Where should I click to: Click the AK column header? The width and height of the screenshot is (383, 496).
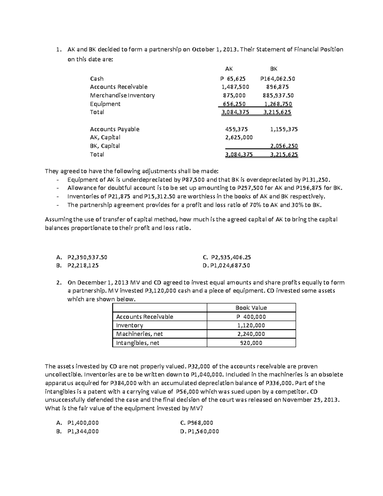(229, 69)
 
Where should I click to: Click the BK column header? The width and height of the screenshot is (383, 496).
(274, 69)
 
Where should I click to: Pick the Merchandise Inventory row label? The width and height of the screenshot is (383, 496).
(122, 95)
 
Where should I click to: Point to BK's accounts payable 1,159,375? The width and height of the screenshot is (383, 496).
(284, 129)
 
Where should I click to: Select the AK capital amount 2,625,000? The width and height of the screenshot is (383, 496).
(239, 138)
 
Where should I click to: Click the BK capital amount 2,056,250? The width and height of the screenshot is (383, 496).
(284, 146)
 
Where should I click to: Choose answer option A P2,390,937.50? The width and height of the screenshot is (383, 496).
(87, 257)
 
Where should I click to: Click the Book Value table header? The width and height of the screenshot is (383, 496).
(251, 308)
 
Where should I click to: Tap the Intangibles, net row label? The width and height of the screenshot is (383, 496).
(138, 343)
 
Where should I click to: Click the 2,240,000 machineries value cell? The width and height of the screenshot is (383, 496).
(251, 334)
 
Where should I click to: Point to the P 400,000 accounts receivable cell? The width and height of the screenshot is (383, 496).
(251, 317)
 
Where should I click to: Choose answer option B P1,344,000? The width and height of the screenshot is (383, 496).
(83, 431)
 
